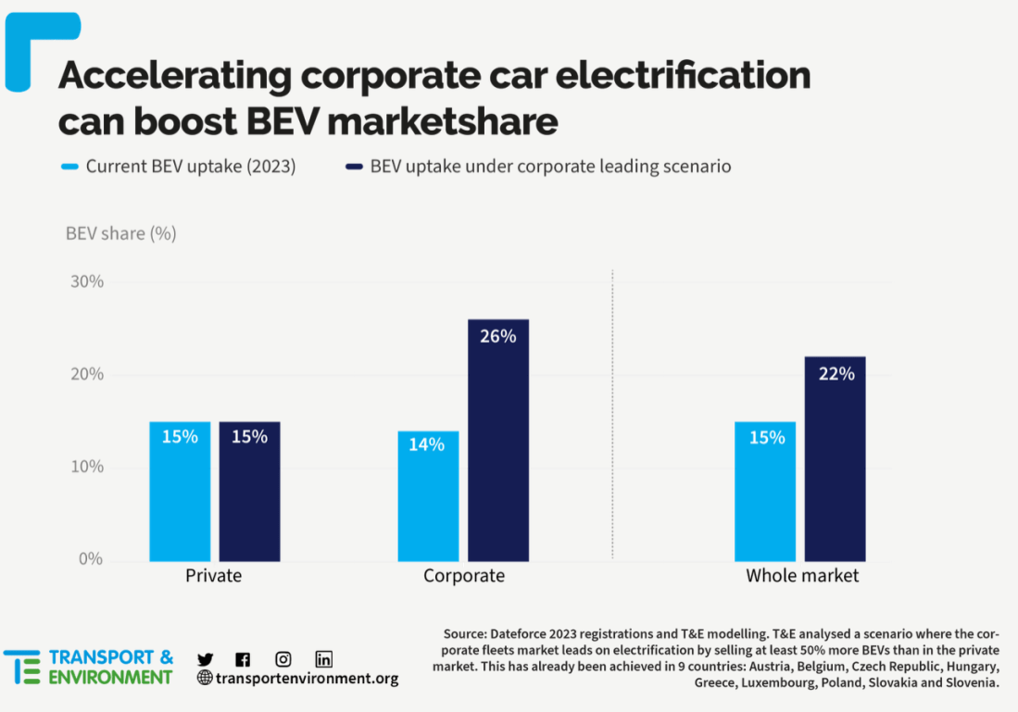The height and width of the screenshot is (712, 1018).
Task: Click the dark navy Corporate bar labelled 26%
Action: coord(497,440)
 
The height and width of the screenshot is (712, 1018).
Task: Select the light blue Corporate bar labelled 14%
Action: coord(428,495)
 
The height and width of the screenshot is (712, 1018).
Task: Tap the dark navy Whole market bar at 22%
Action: coord(835,458)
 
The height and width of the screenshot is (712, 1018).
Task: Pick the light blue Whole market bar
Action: coord(765,491)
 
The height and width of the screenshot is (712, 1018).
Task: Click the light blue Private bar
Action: coord(180,491)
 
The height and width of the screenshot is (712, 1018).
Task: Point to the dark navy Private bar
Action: coord(249,491)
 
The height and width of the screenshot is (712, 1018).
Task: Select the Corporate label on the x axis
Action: coord(464,576)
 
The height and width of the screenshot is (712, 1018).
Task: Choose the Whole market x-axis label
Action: coord(802,576)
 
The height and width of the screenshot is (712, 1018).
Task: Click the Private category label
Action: coord(213,576)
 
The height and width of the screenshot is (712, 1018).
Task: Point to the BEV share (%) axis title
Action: coord(120,233)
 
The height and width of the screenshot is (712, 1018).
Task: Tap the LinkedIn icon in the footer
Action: coord(323,659)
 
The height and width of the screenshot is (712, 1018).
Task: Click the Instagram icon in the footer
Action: coord(283,659)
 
